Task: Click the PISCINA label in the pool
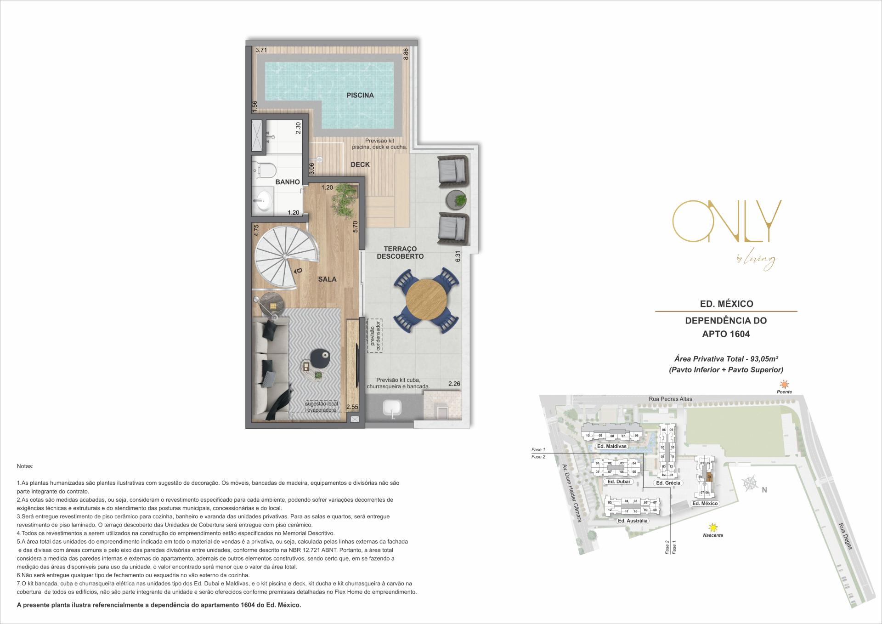pos(360,96)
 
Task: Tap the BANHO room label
pos(288,182)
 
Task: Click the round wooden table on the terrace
pos(426,301)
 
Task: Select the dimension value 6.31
pos(457,256)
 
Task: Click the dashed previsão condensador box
pos(374,336)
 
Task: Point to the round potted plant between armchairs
pos(458,199)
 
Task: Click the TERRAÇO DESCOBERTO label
pos(400,252)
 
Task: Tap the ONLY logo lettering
pos(726,221)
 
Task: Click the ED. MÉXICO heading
pos(726,304)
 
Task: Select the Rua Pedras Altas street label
pos(670,399)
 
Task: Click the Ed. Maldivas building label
pos(611,446)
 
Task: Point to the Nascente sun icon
pos(712,527)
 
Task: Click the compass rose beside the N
pos(750,483)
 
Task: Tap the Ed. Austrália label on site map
pos(633,521)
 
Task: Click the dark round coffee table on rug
pos(320,357)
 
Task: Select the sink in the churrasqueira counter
pos(392,408)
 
